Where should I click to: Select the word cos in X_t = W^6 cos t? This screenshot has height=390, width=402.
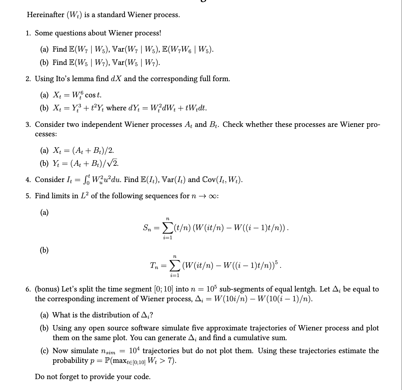(x=90, y=95)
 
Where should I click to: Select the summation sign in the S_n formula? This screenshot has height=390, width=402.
(x=167, y=228)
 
